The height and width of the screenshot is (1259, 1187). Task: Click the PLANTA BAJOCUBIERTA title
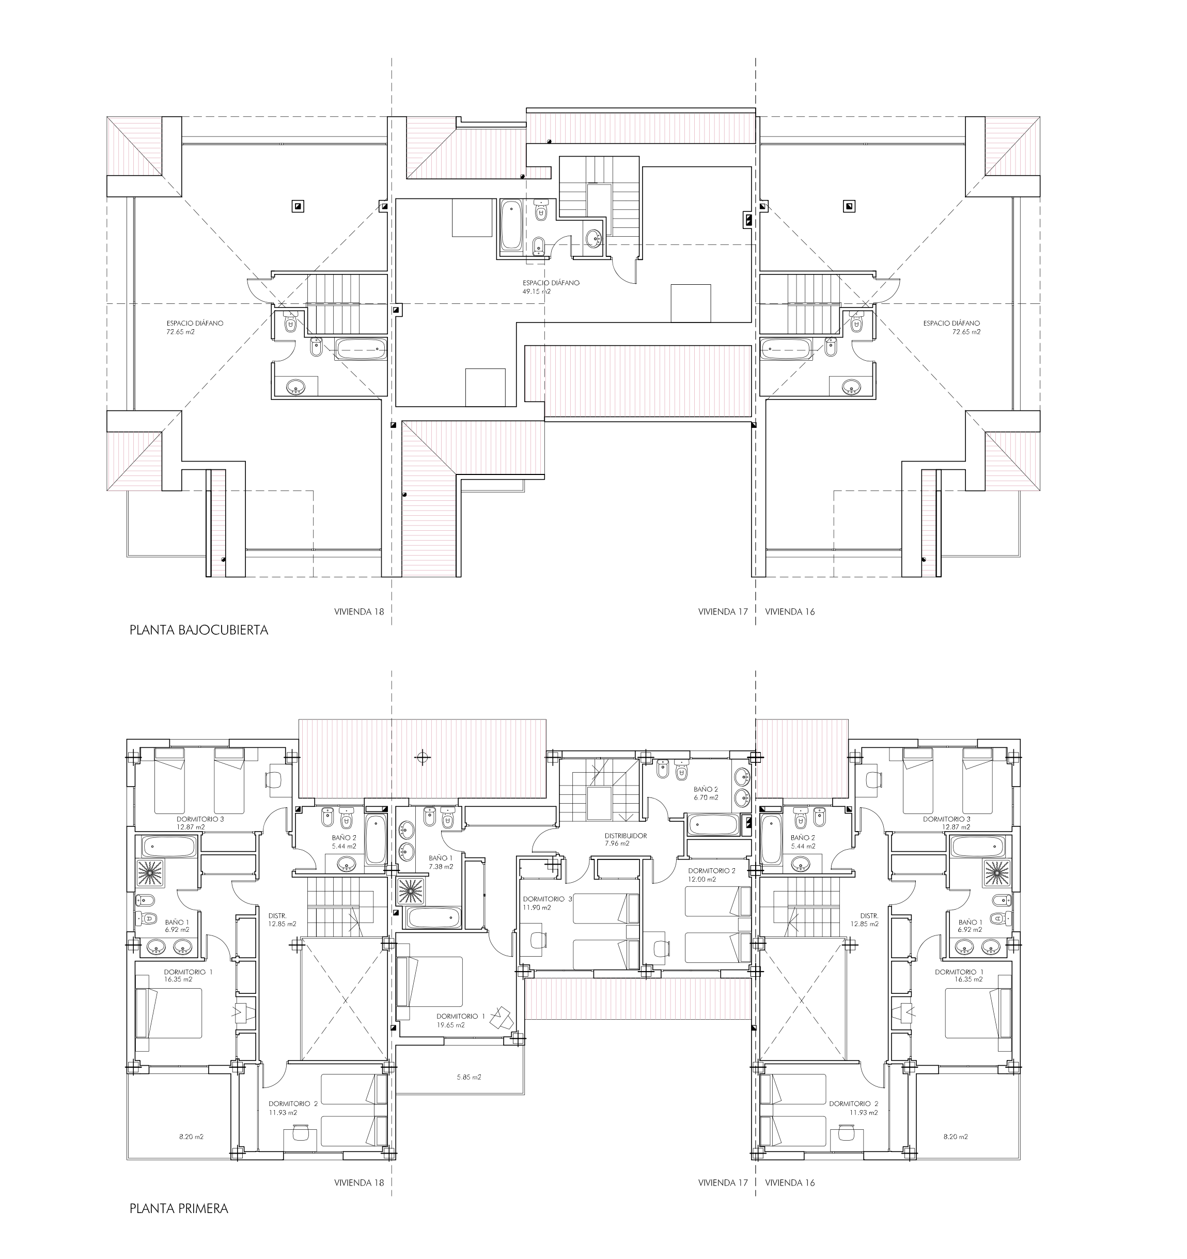[199, 630]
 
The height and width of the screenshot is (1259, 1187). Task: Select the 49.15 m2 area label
[536, 292]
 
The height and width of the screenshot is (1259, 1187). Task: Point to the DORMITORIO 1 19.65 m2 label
[460, 1020]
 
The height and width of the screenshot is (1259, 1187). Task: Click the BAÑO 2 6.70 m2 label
[706, 793]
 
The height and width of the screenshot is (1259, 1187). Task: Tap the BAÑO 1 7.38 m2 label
[440, 862]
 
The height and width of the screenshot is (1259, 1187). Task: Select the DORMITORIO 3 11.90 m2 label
[548, 903]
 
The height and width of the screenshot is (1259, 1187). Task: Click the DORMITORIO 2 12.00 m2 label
[712, 875]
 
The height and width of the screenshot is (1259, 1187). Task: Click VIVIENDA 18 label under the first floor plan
[359, 1183]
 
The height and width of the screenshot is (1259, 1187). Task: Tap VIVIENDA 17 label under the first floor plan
[723, 1183]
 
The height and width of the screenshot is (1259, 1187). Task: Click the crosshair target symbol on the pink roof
[422, 757]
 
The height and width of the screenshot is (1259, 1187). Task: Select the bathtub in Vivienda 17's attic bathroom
[510, 225]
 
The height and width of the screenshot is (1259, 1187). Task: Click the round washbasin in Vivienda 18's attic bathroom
[295, 387]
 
